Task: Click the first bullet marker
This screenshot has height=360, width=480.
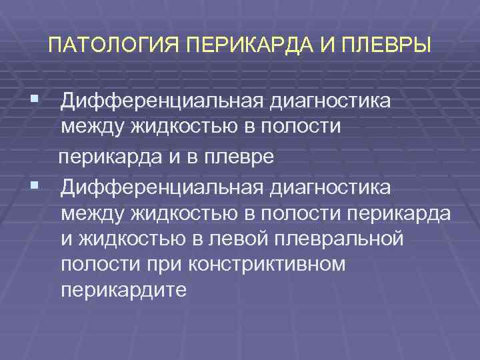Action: point(33,100)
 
